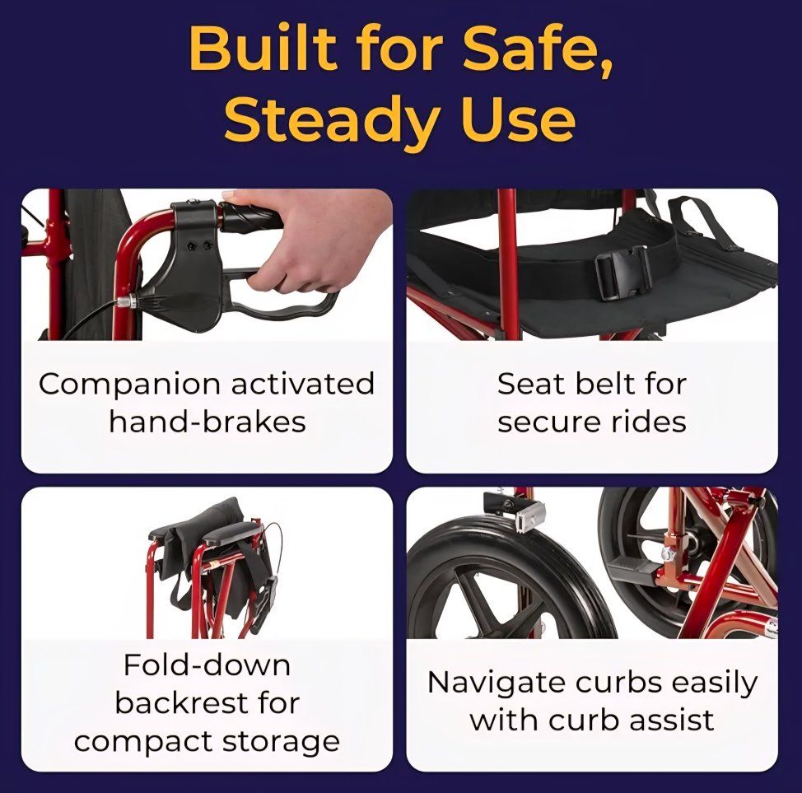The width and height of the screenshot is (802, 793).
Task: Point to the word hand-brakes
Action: point(207,422)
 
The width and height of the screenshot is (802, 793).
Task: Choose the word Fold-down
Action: point(207,665)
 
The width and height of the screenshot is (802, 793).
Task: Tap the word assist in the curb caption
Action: point(671,721)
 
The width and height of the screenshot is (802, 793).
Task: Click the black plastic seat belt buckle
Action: point(622,273)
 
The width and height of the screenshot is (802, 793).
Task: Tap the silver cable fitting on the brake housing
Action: point(126,302)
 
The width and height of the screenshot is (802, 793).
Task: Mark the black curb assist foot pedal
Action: point(635,570)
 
